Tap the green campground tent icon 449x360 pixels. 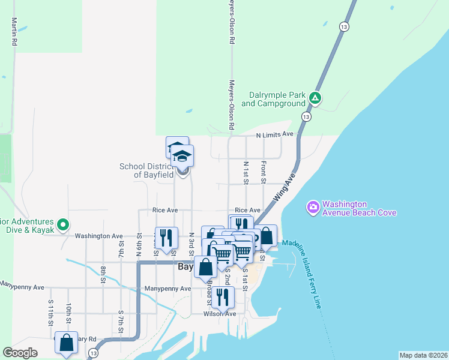[x=315, y=98]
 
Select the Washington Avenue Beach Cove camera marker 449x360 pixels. [x=313, y=208]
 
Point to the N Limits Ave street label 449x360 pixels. [x=274, y=134]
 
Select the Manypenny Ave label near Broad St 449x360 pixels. [x=167, y=289]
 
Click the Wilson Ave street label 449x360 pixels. [x=220, y=313]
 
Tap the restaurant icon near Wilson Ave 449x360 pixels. [x=223, y=296]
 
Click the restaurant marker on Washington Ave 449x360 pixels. [x=166, y=237]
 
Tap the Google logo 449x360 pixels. [x=20, y=353]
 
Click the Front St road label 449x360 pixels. [x=263, y=171]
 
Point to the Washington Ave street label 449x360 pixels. [x=98, y=236]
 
